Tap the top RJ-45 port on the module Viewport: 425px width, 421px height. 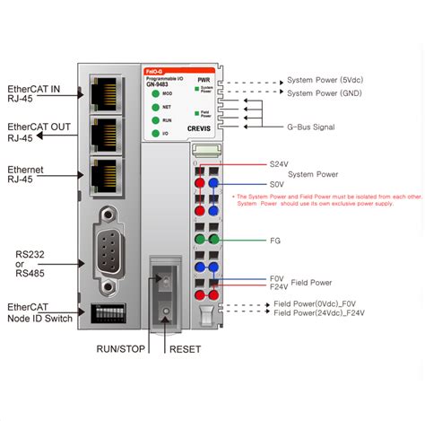[x=104, y=92]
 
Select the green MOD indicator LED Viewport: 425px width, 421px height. [x=155, y=92]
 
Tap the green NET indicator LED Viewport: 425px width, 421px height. [x=155, y=106]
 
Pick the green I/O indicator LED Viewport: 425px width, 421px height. [x=155, y=133]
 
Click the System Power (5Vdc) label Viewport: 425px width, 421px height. [x=326, y=78]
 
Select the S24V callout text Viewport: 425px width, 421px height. [x=280, y=164]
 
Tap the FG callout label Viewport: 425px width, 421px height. [x=275, y=241]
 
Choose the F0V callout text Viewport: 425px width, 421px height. [x=276, y=279]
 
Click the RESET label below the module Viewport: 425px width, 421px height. [x=186, y=350]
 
